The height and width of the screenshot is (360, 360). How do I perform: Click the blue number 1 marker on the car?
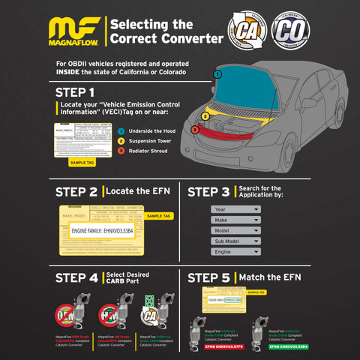pos(217,74)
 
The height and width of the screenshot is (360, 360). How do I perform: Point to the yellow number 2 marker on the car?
pos(205,116)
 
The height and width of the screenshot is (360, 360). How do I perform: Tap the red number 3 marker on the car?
pos(194,130)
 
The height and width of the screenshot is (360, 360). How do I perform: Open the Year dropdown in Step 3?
pos(235,209)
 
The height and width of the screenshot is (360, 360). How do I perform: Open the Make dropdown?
pos(235,220)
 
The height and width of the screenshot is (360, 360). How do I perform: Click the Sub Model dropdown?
pos(235,241)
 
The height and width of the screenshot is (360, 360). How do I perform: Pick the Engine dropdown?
pos(235,253)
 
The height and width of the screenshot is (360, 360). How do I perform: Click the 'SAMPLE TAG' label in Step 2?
pos(159,215)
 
